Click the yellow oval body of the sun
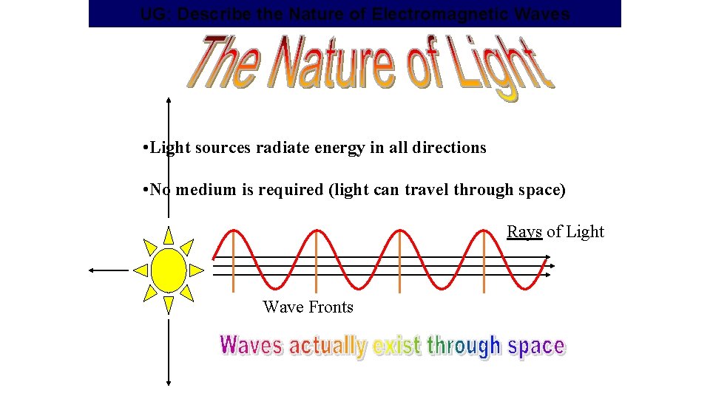(169, 270)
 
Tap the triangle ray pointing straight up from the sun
(169, 236)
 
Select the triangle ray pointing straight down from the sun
(169, 304)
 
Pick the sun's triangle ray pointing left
(141, 270)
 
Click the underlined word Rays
(524, 232)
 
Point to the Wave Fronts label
(308, 307)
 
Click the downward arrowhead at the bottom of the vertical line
(169, 381)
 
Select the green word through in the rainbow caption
(464, 346)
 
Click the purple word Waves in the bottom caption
(251, 345)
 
